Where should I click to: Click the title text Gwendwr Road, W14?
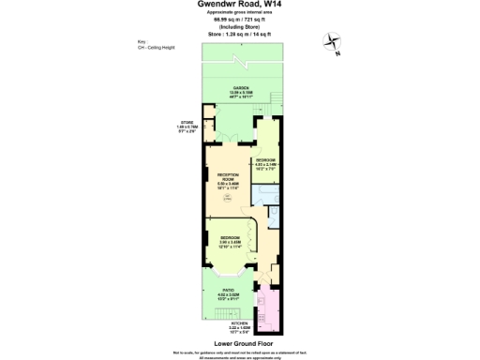click(x=239, y=6)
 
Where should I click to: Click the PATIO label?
click(x=228, y=291)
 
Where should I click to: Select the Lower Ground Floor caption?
click(x=240, y=343)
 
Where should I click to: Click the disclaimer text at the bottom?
click(x=240, y=352)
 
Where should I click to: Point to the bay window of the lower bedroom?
click(x=228, y=272)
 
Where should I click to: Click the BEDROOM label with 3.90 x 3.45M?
click(x=229, y=240)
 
